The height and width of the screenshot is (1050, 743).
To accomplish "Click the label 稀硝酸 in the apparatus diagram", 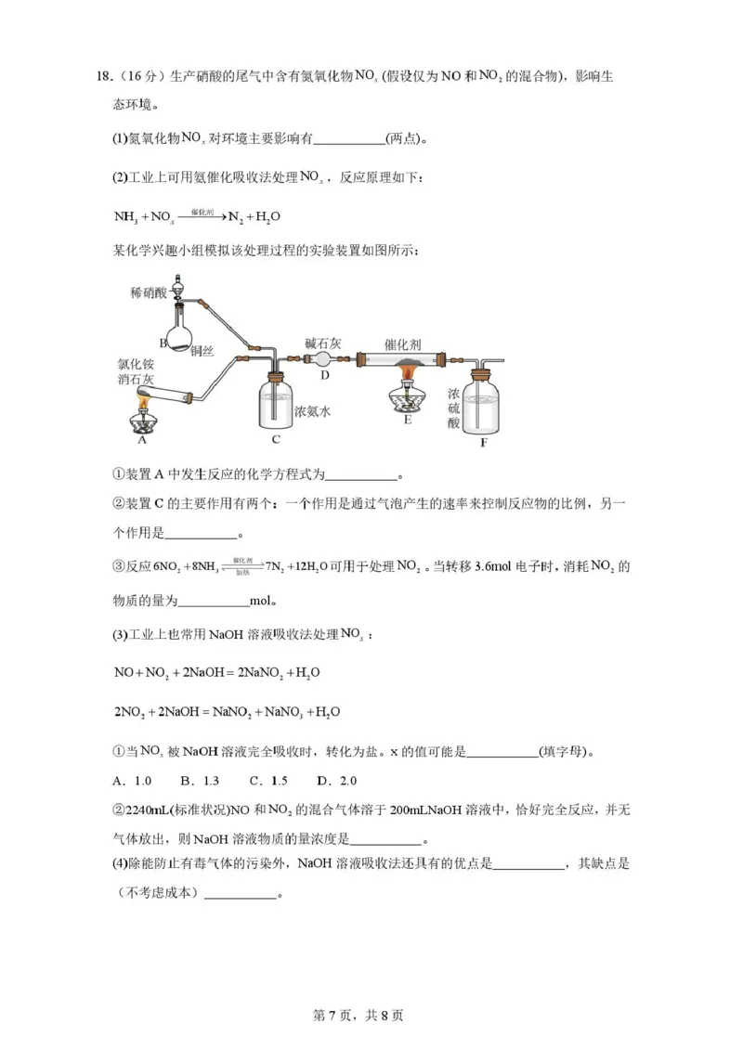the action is (x=149, y=293).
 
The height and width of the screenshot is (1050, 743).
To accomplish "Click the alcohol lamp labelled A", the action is (x=145, y=417).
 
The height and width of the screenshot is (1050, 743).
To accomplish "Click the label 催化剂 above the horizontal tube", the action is (x=403, y=344).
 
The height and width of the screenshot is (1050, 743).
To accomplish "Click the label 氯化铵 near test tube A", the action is (x=136, y=364).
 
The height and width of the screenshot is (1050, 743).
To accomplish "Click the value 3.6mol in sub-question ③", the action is (x=502, y=567).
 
